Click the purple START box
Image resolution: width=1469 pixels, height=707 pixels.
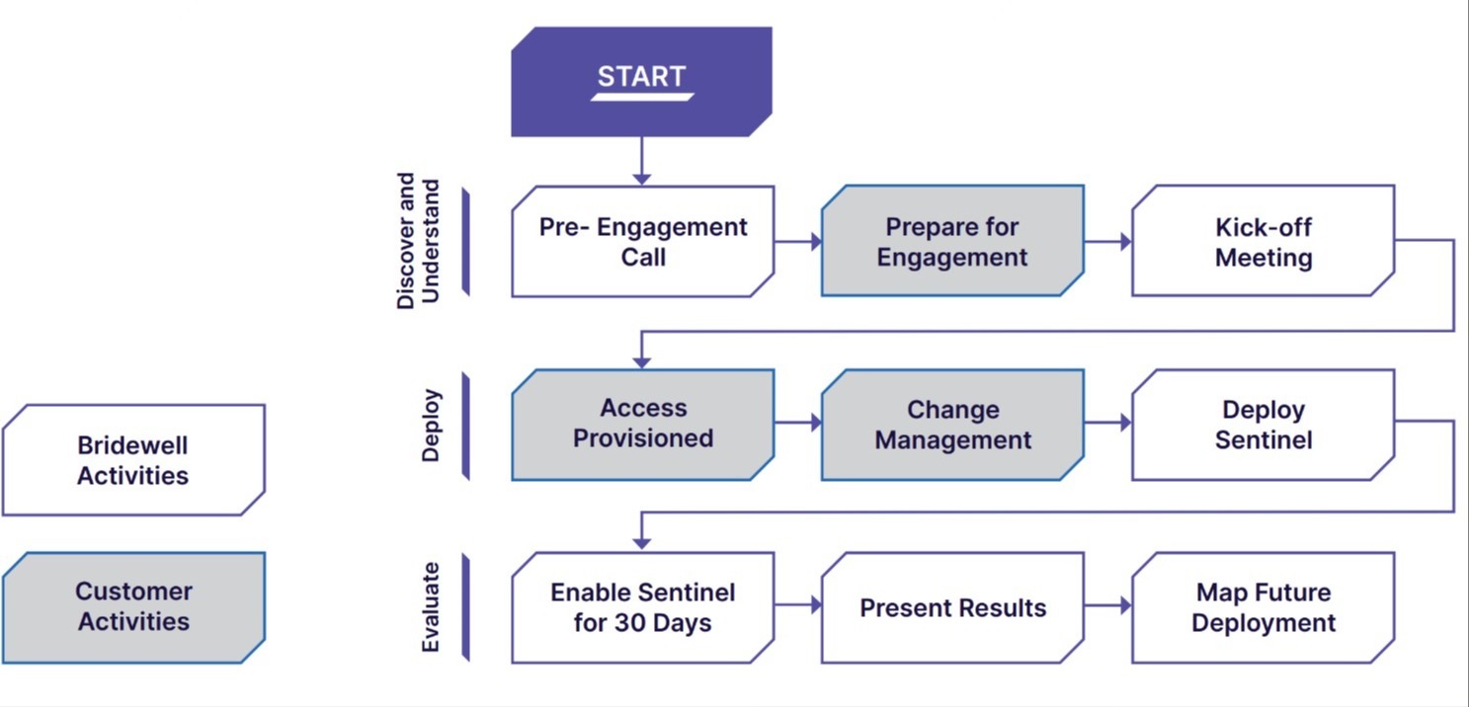[641, 81]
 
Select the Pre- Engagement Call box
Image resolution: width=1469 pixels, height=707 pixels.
[643, 242]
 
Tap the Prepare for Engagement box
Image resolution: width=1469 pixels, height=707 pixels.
[952, 242]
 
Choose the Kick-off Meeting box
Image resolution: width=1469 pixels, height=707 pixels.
[1263, 242]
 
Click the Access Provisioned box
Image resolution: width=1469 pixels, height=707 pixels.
[643, 424]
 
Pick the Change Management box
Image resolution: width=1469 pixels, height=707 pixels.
[952, 425]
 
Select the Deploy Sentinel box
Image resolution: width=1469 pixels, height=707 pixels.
[1263, 425]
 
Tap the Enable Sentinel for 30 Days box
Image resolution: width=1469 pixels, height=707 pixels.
[643, 607]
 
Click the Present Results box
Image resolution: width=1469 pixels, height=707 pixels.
[952, 607]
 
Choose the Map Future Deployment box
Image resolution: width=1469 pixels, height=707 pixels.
[1263, 607]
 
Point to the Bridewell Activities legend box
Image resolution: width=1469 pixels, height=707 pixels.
[133, 460]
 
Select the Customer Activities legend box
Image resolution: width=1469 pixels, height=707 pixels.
[133, 606]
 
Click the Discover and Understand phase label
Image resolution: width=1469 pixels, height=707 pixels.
[418, 242]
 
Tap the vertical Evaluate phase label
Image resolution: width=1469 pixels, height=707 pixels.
[431, 607]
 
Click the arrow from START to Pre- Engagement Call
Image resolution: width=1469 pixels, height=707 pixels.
[642, 161]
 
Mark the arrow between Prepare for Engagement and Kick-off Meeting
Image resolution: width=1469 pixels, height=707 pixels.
[1107, 241]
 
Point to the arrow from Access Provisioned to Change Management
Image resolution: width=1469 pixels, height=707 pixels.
[797, 423]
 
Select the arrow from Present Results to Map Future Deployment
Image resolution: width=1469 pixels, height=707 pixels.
[1107, 605]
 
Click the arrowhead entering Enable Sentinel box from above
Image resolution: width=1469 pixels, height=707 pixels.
[642, 542]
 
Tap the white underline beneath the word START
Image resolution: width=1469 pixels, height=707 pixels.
[642, 97]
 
